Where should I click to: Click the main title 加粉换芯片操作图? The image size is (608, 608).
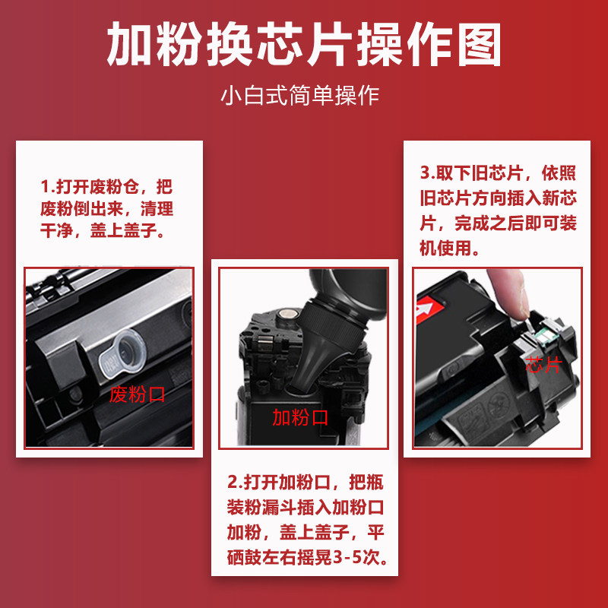pyautogui.click(x=304, y=43)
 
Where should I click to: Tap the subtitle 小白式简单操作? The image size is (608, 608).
pyautogui.click(x=299, y=96)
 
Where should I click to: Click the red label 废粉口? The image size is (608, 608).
pyautogui.click(x=137, y=394)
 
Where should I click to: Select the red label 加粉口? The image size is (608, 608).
pyautogui.click(x=300, y=417)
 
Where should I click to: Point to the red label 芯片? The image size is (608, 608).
pyautogui.click(x=543, y=365)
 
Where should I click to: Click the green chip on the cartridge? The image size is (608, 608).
pyautogui.click(x=542, y=334)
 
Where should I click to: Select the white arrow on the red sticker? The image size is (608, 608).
pyautogui.click(x=423, y=309)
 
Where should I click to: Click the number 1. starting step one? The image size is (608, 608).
pyautogui.click(x=48, y=186)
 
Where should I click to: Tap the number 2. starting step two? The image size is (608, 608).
pyautogui.click(x=235, y=483)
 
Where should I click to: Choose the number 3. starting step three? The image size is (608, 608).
pyautogui.click(x=428, y=173)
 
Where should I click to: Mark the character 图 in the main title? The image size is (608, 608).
pyautogui.click(x=480, y=44)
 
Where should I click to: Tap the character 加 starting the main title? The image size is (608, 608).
pyautogui.click(x=128, y=44)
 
